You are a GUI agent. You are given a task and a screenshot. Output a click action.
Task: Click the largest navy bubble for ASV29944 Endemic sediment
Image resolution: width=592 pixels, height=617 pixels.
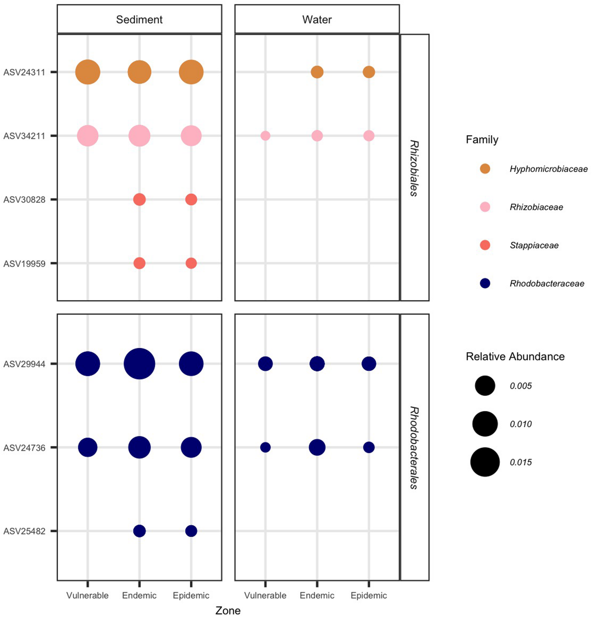[139, 364]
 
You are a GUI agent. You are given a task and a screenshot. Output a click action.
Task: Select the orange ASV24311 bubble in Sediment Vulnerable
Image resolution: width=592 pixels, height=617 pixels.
[88, 72]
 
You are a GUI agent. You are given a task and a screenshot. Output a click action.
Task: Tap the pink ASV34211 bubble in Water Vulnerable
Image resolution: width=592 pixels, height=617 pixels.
[265, 136]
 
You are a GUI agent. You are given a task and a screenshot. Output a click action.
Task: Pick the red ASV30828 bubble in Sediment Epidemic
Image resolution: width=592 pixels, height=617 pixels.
[191, 199]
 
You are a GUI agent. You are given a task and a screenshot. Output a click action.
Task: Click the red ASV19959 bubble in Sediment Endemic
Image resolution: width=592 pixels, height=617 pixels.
[139, 263]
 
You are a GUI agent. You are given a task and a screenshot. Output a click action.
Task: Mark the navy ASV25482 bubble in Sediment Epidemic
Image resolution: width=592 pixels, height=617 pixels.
[191, 531]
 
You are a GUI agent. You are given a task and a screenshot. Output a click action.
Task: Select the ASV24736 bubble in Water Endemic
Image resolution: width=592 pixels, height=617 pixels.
[317, 447]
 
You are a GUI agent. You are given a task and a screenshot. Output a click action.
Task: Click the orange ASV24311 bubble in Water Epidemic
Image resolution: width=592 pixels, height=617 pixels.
[369, 72]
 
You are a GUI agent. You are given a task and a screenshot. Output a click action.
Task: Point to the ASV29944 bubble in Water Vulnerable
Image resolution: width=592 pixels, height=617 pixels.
[265, 364]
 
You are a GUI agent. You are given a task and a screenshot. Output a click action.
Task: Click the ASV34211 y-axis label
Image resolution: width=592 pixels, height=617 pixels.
[24, 136]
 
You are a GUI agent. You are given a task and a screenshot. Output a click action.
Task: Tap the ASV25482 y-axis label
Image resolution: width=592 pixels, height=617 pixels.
[24, 531]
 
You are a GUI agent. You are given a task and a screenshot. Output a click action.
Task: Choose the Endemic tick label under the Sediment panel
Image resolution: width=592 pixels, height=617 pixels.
[139, 596]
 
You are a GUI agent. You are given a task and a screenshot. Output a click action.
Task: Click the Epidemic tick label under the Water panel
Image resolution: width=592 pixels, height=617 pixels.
[369, 596]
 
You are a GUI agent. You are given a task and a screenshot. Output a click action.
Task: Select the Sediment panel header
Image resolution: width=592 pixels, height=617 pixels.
[139, 19]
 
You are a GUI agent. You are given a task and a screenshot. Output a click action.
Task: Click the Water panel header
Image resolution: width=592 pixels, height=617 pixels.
[317, 19]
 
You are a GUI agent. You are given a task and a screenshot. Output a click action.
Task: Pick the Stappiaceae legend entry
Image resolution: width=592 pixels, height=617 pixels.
[534, 245]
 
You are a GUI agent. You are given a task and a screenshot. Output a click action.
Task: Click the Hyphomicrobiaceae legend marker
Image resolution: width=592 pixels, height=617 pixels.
[485, 169]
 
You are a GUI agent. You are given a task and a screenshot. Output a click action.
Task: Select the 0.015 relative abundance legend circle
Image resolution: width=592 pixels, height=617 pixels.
[485, 462]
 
